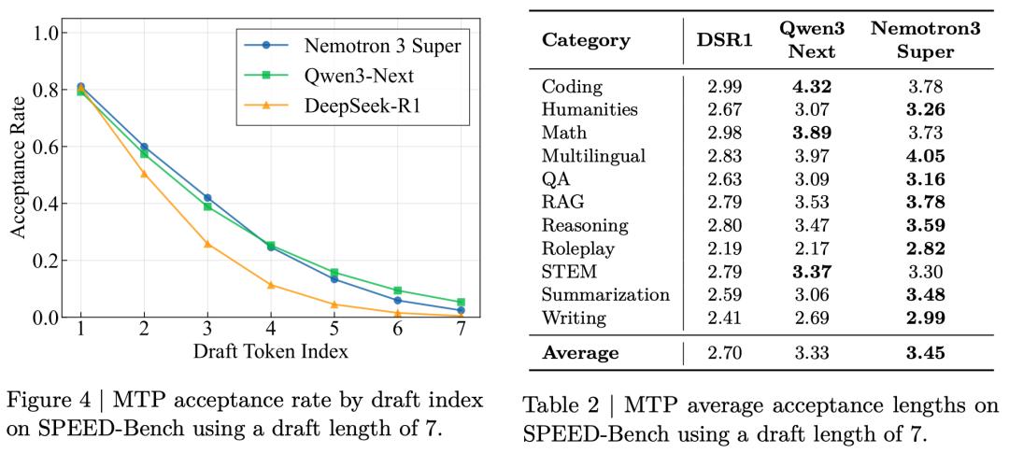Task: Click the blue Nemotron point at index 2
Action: tap(144, 148)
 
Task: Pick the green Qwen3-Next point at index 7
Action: tap(461, 303)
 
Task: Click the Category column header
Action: tap(586, 40)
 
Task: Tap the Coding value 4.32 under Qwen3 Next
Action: tap(812, 86)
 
